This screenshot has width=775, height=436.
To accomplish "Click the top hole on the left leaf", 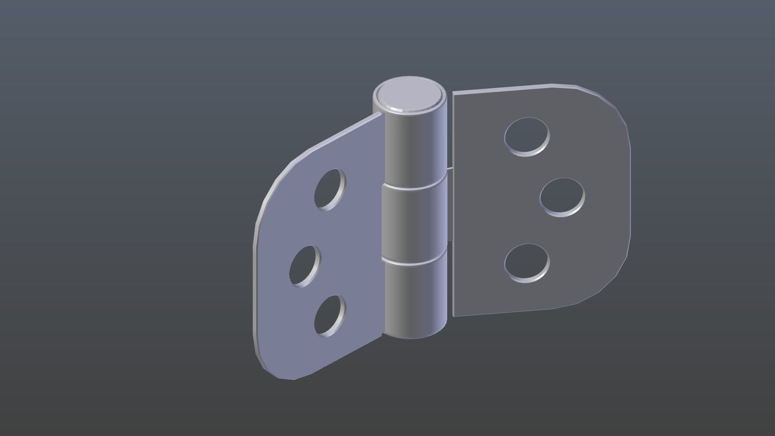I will coord(330,190).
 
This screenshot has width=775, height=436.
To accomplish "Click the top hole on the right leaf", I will coord(526,136).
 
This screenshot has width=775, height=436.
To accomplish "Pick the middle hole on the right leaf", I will coord(562,197).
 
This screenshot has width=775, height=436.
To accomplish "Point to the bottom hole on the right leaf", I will coord(526,262).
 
